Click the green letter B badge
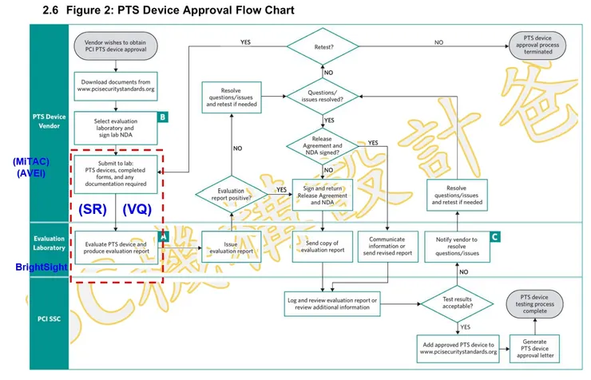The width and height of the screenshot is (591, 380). point(163,117)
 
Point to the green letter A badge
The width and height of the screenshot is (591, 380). point(163,236)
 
